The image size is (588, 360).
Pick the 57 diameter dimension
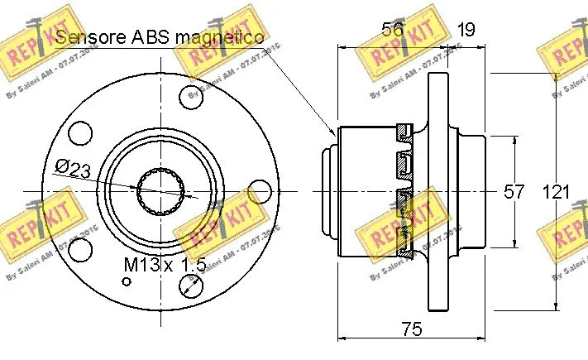pos(514,192)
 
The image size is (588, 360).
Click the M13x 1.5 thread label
pos(164,265)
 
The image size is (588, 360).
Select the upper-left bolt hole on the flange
pos(80,131)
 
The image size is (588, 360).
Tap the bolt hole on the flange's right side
pos(261,192)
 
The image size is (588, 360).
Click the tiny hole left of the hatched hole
pos(127,281)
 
